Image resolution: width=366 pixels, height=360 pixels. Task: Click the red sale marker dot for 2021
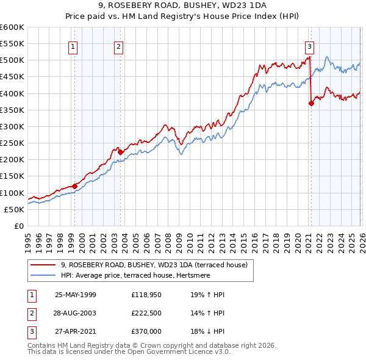pos(311,103)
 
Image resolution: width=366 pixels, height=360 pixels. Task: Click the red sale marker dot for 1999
pos(74,186)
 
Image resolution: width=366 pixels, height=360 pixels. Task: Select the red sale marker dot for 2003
pos(120,152)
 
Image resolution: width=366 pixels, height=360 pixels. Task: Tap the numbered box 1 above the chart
pos(73,46)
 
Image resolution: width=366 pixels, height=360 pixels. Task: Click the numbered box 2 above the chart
pos(118,46)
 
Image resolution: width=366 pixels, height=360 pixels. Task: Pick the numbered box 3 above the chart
pos(309,46)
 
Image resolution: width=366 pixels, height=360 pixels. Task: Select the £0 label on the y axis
pos(18,226)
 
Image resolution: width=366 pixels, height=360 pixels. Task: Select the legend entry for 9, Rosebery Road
pos(154,265)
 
